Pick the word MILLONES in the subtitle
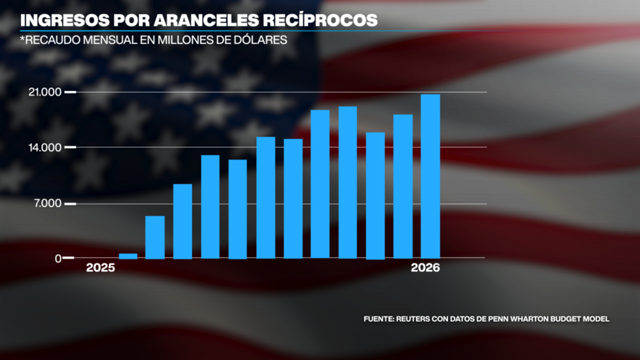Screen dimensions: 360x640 (x=170, y=39)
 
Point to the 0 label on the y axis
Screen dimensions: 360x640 (x=58, y=259)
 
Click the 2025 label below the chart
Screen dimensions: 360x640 (x=101, y=269)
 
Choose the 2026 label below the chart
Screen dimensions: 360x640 (x=426, y=269)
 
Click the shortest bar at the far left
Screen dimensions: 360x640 (x=128, y=256)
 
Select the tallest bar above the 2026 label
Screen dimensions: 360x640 (x=430, y=176)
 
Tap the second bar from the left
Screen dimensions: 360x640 (x=155, y=237)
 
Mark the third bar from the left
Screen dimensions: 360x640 (x=183, y=221)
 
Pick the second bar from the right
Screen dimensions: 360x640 (x=403, y=186)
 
